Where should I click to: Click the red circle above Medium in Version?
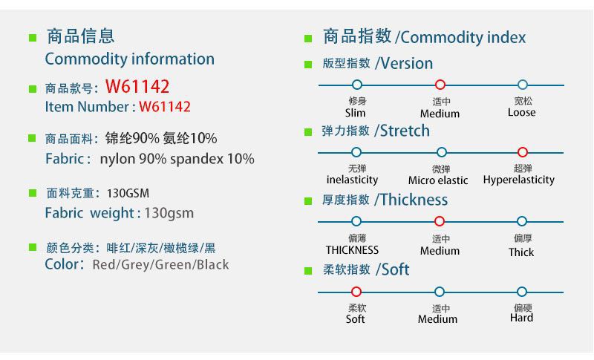pyautogui.click(x=440, y=80)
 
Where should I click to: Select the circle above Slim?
pyautogui.click(x=357, y=80)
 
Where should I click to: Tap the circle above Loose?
pyautogui.click(x=523, y=80)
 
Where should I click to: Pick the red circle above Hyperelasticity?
pyautogui.click(x=523, y=148)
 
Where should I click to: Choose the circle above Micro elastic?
pyautogui.click(x=441, y=148)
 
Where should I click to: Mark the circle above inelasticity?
pyautogui.click(x=356, y=148)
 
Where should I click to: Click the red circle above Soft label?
pyautogui.click(x=356, y=287)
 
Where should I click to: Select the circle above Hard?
pyautogui.click(x=522, y=287)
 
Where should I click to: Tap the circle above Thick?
pyautogui.click(x=522, y=217)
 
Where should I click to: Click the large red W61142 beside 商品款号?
pyautogui.click(x=137, y=87)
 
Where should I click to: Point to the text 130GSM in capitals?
pyautogui.click(x=128, y=194)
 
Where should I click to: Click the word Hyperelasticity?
pyautogui.click(x=518, y=180)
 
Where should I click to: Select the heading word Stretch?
pyautogui.click(x=405, y=131)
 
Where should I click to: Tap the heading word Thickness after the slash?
pyautogui.click(x=414, y=200)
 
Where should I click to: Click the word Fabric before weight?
pyautogui.click(x=64, y=213)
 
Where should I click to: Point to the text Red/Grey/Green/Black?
pyautogui.click(x=160, y=264)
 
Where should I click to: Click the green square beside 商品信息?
pyautogui.click(x=33, y=38)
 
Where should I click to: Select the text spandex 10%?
pyautogui.click(x=212, y=159)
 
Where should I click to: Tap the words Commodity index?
pyautogui.click(x=463, y=37)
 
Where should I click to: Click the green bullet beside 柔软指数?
pyautogui.click(x=308, y=271)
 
